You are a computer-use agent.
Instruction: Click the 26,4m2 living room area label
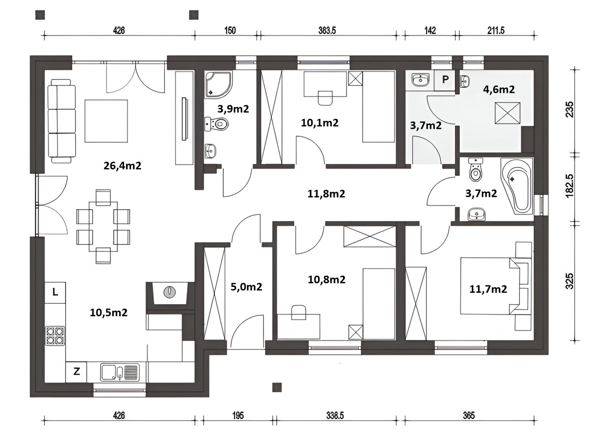tap(122, 166)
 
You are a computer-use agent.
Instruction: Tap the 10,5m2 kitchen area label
tap(108, 313)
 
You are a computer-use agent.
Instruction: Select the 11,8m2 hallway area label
tap(326, 194)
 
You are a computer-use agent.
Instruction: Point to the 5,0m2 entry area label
tap(246, 287)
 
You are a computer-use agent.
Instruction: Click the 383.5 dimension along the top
tap(327, 31)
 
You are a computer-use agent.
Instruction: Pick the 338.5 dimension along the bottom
tap(335, 416)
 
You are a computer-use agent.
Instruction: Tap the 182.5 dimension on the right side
tap(569, 186)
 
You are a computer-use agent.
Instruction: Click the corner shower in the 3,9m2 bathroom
tap(219, 84)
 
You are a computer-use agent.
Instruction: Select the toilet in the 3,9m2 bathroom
tap(216, 124)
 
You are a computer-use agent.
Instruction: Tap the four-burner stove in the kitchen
tap(55, 336)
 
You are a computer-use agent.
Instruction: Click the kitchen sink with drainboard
tap(120, 372)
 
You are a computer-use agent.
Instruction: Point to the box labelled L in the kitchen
tap(55, 292)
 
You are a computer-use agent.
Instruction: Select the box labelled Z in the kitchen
tap(77, 372)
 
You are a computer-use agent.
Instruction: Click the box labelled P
tap(445, 80)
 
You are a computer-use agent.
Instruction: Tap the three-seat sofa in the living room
tap(62, 121)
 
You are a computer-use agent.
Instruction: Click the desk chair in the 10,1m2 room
tap(325, 98)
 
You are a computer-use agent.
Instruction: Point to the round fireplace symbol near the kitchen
tap(170, 291)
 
